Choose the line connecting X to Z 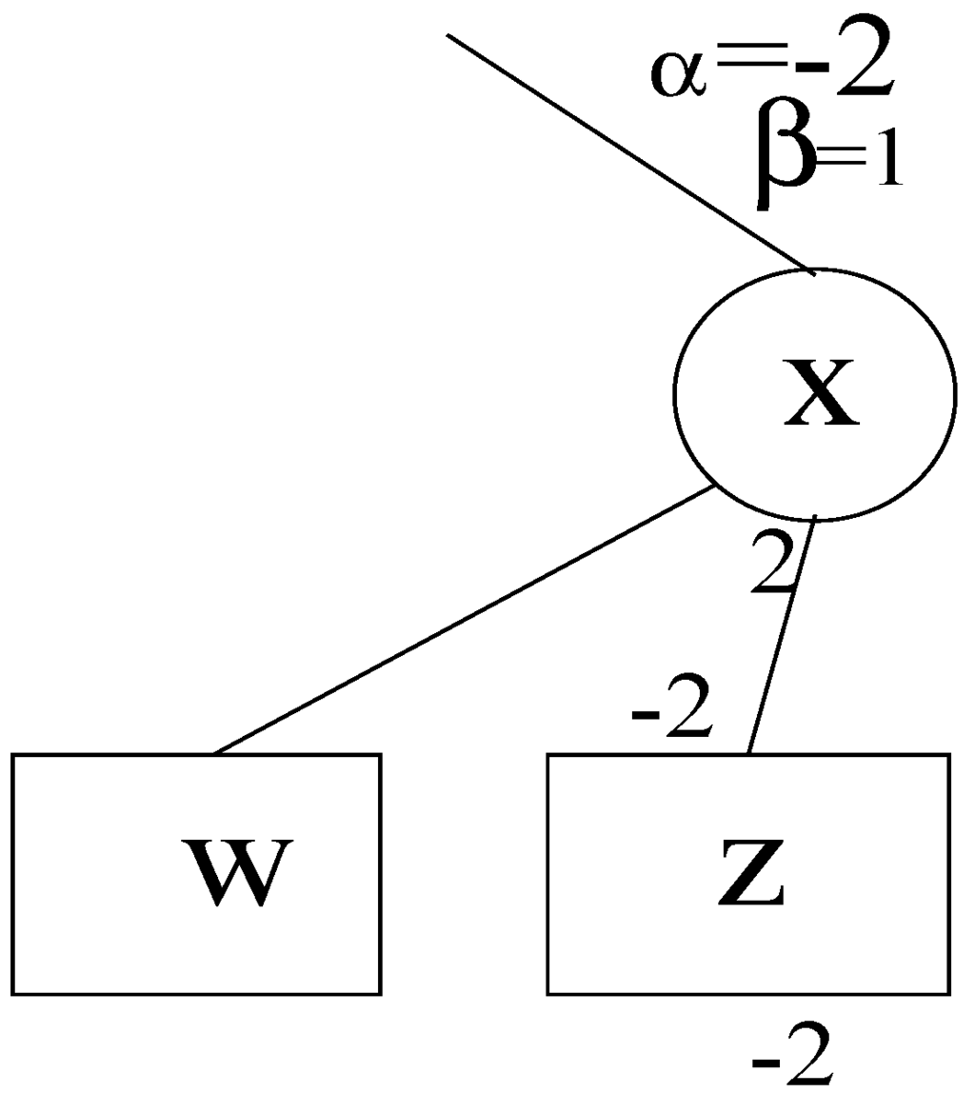pyautogui.click(x=781, y=636)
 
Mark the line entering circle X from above pyautogui.click(x=628, y=152)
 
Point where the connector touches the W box pyautogui.click(x=213, y=753)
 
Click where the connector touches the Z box pyautogui.click(x=748, y=753)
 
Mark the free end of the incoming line pyautogui.click(x=448, y=35)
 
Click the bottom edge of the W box pyautogui.click(x=197, y=994)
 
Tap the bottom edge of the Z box pyautogui.click(x=748, y=994)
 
